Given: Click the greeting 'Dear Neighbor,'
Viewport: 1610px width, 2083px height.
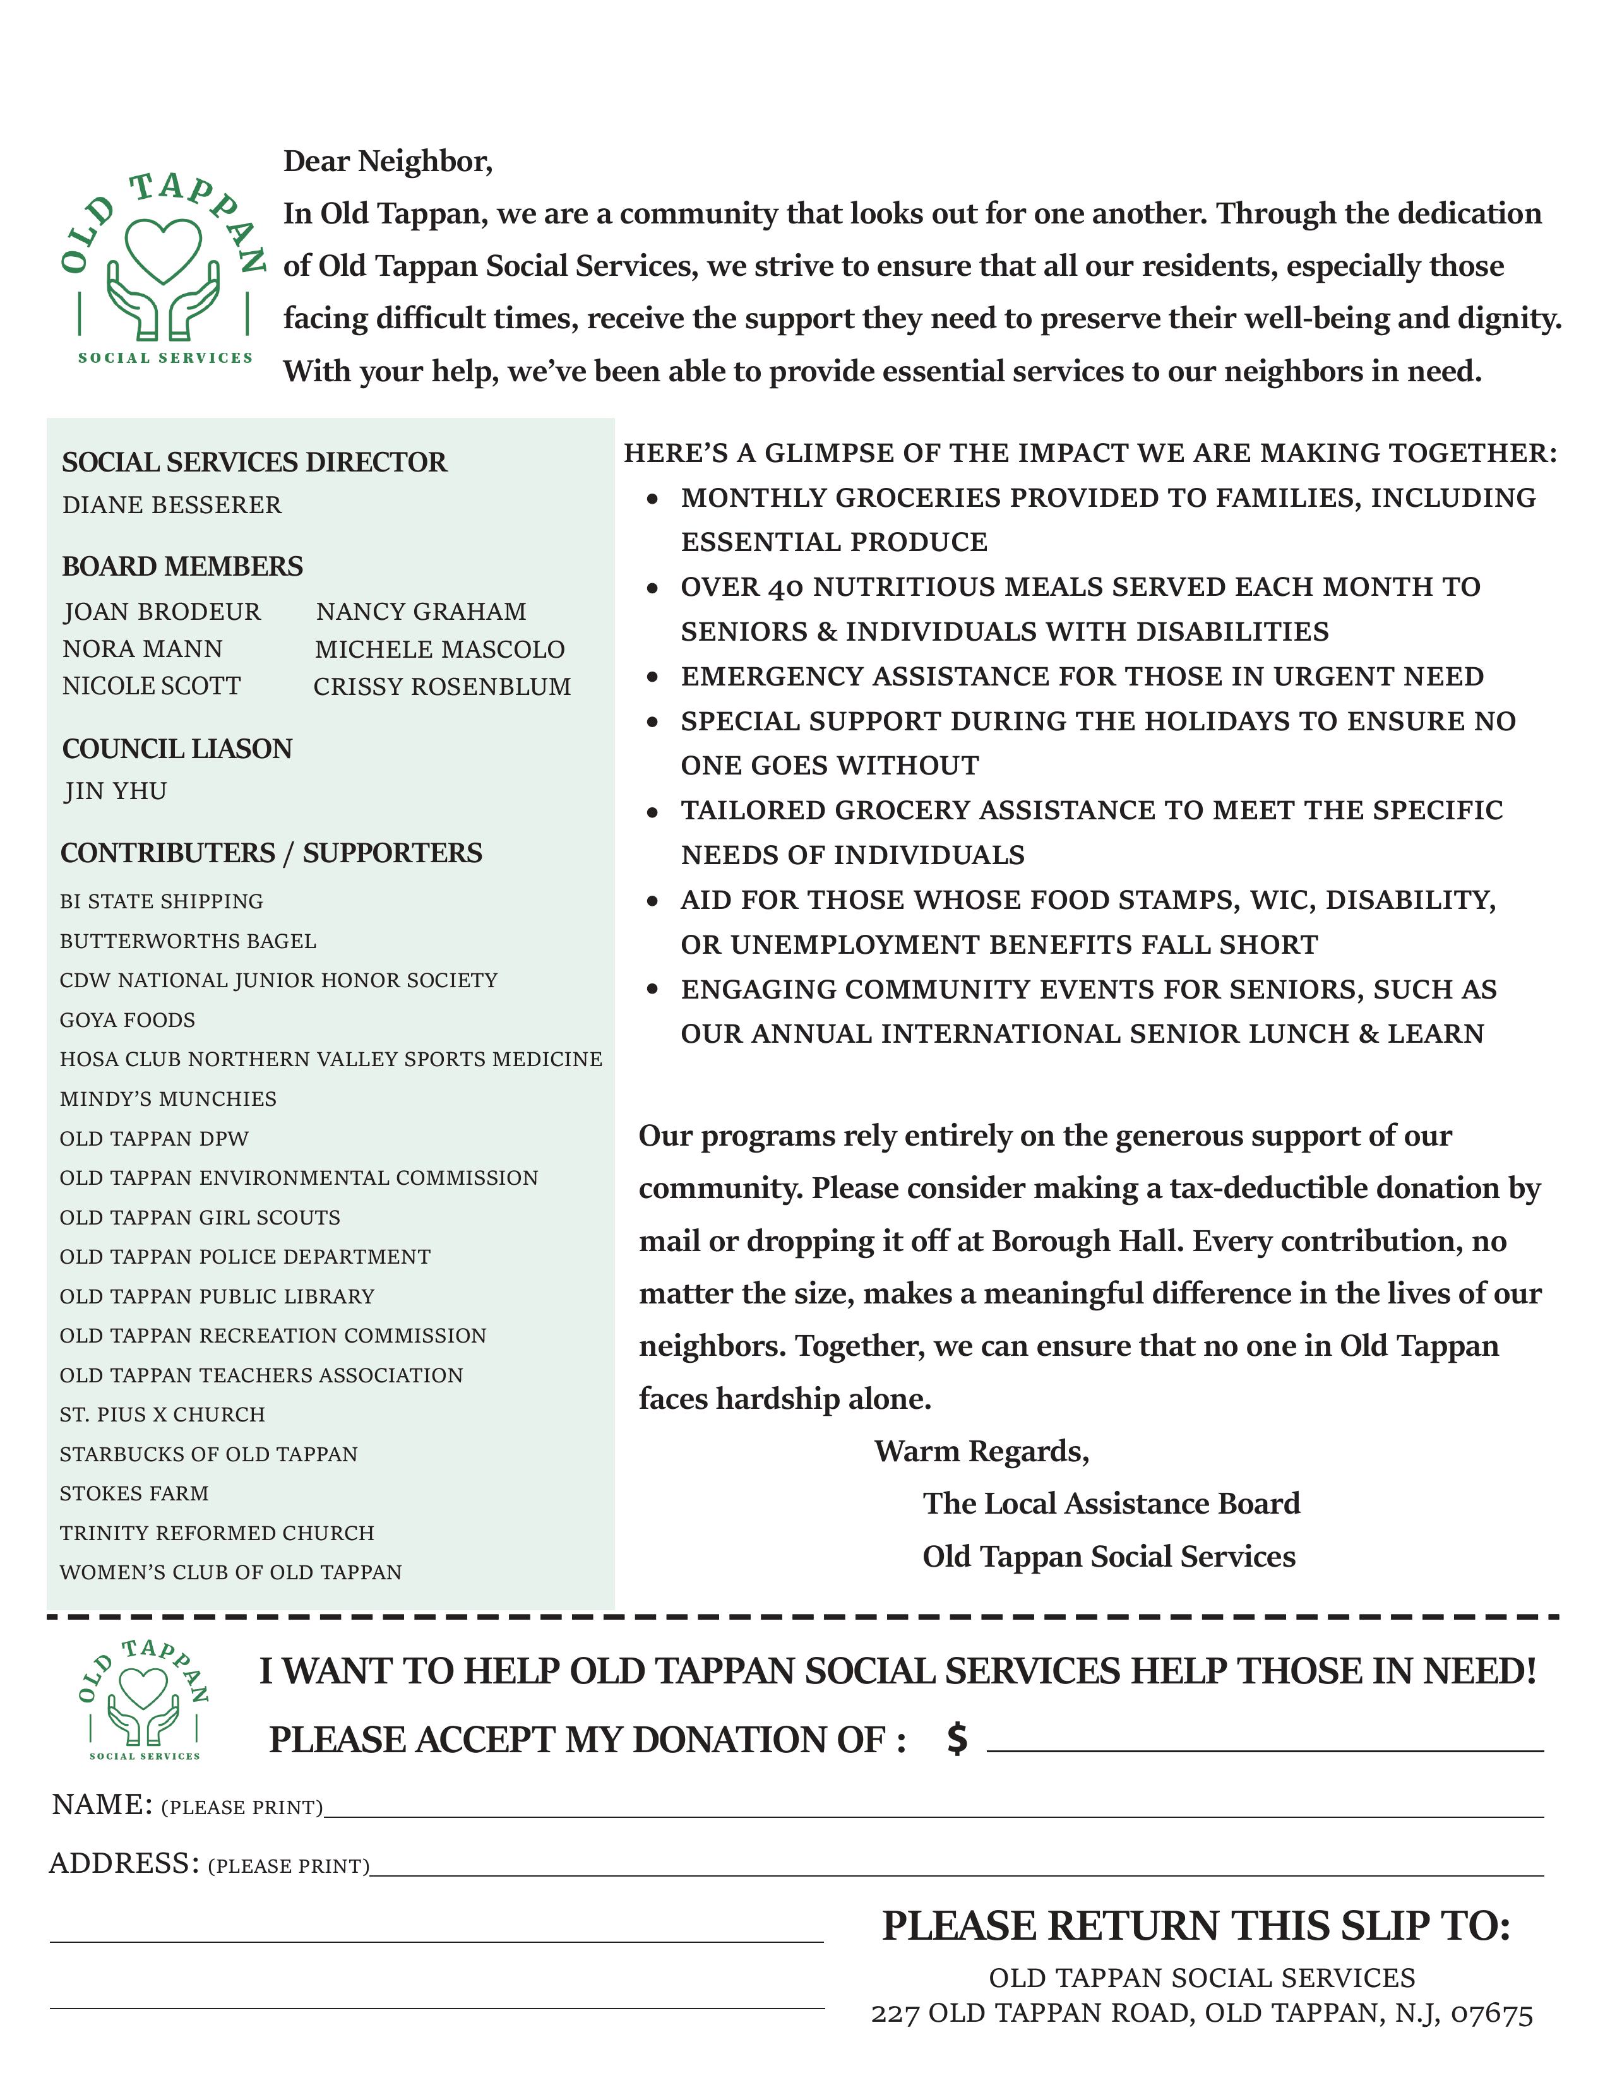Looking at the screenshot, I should (x=387, y=161).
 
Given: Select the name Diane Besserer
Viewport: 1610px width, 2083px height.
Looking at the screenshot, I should (x=172, y=504).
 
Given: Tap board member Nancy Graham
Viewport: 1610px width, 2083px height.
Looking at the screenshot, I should (x=420, y=612).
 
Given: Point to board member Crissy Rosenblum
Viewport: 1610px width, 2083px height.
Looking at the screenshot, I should (x=441, y=687).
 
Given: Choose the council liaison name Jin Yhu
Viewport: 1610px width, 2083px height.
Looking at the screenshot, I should (x=116, y=792).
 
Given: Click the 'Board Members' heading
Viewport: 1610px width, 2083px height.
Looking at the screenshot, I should (x=182, y=567).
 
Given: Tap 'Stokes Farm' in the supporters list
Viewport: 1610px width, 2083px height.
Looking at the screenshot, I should (x=133, y=1493).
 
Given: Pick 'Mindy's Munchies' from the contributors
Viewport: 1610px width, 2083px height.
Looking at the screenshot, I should (x=168, y=1099).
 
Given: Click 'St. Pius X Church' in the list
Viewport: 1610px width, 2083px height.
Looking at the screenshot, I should (x=162, y=1415).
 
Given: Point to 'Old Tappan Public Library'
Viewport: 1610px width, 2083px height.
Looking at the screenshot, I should (x=217, y=1296).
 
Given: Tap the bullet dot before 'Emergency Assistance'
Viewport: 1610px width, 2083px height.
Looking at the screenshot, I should (x=652, y=677).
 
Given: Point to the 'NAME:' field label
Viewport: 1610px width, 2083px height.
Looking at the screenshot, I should (x=101, y=1805).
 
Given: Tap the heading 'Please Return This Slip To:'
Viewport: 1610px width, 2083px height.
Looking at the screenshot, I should (x=1196, y=1926).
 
